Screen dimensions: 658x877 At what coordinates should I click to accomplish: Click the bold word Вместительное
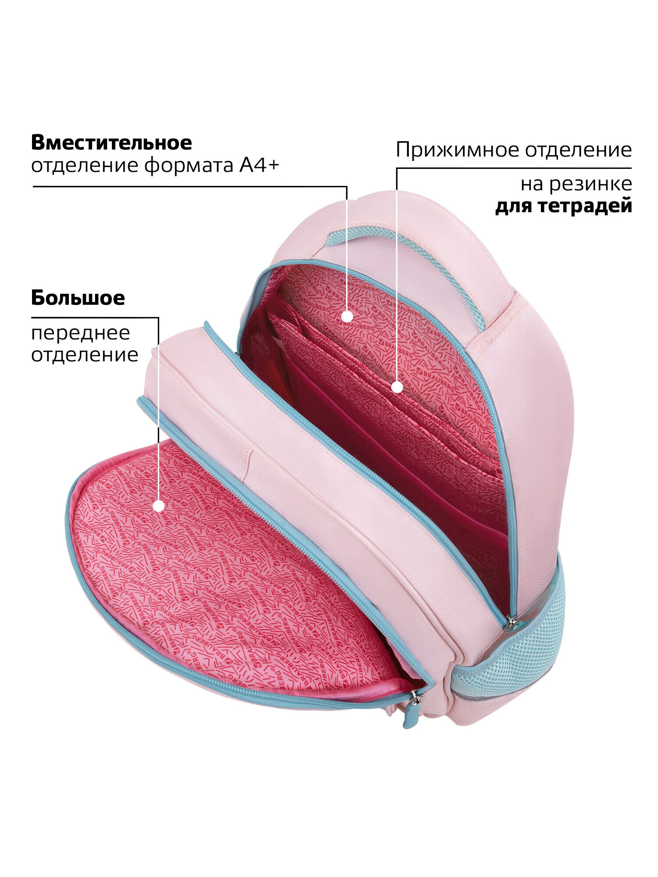(x=111, y=143)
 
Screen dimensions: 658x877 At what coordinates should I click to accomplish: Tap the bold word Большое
(x=78, y=298)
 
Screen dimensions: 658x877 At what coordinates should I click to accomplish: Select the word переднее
(x=81, y=334)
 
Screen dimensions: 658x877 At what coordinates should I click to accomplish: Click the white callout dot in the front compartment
(x=158, y=506)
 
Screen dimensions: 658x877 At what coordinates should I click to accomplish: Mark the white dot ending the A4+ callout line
(x=347, y=316)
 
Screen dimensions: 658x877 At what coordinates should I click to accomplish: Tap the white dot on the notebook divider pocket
(x=397, y=387)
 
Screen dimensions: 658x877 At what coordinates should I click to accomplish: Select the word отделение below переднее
(x=85, y=355)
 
